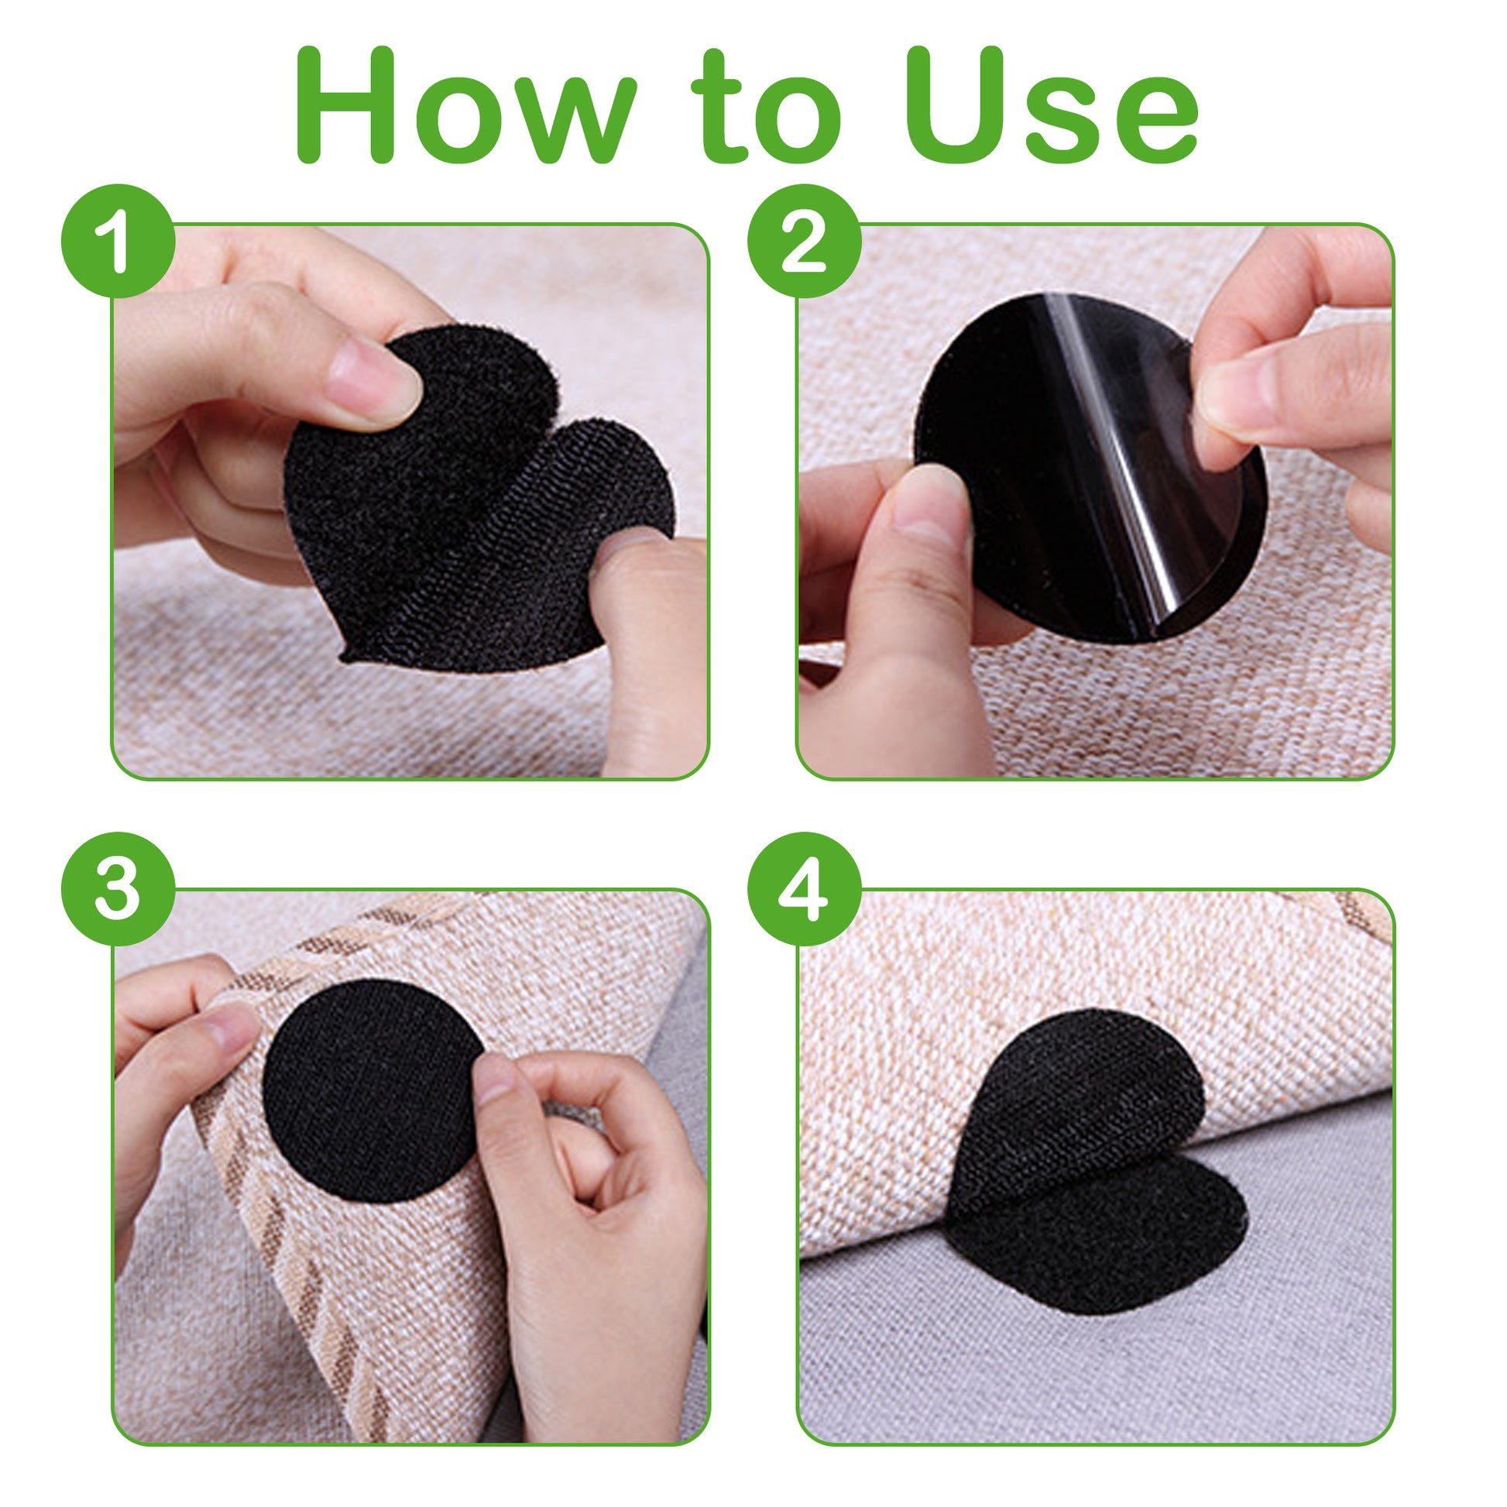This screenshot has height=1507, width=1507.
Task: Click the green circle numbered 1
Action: point(118,241)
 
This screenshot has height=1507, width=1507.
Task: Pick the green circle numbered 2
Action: point(804,241)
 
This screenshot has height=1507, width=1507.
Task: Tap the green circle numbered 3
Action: point(118,888)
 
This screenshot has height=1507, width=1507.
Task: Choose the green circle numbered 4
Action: point(804,888)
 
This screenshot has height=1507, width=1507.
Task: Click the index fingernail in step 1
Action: point(372,384)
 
